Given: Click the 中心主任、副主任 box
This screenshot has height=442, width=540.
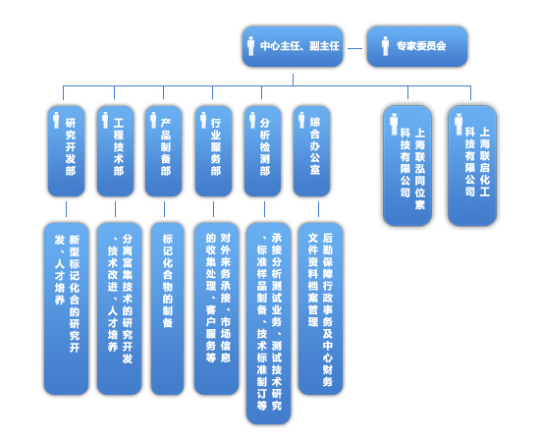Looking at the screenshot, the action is (293, 46).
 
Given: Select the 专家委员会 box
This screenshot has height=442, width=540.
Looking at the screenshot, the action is (417, 46).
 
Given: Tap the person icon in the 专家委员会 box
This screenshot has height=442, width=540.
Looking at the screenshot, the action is (386, 46).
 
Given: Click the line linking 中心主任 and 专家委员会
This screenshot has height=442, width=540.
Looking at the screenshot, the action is (354, 48).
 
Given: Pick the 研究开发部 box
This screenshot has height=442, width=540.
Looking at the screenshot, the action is (66, 151).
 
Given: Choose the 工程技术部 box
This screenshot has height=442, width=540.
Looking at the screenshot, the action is (115, 151).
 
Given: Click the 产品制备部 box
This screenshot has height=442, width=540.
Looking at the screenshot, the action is (164, 151).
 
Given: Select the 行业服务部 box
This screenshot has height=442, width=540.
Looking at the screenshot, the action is (213, 151).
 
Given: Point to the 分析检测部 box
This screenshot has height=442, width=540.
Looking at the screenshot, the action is (263, 151).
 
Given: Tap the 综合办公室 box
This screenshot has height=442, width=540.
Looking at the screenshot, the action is (311, 151).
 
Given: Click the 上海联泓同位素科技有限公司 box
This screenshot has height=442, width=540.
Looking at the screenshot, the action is (407, 166).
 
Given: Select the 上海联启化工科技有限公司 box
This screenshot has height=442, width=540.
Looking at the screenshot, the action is (472, 166).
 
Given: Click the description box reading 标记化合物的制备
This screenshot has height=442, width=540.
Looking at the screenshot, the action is (167, 308).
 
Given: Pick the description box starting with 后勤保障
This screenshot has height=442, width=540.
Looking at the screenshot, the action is (321, 308).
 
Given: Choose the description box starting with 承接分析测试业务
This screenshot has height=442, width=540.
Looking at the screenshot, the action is (269, 323).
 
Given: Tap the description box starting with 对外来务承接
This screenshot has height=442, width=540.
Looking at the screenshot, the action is (216, 308).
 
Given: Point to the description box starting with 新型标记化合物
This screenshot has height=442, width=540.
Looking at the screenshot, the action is (66, 308).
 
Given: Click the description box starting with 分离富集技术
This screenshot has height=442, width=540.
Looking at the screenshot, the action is (119, 308).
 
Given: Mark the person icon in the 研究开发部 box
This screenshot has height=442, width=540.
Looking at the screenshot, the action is (56, 120).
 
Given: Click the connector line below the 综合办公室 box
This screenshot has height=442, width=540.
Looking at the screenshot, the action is (318, 209).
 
